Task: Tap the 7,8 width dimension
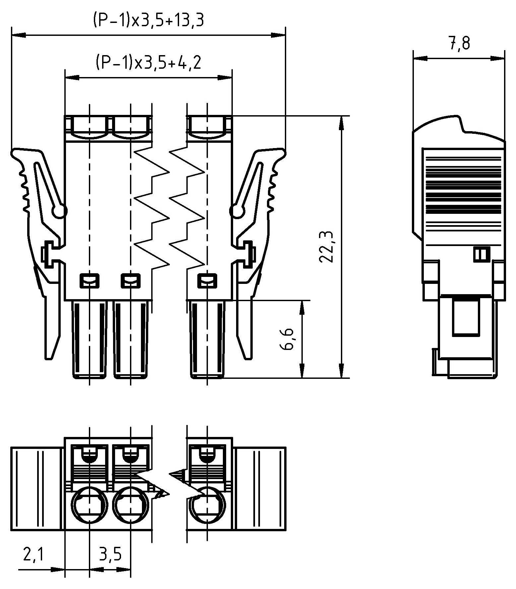460,43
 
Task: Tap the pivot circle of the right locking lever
236,211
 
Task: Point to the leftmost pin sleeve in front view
90,339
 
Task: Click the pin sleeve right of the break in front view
208,339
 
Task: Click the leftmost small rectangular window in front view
90,281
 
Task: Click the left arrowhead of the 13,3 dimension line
18,35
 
